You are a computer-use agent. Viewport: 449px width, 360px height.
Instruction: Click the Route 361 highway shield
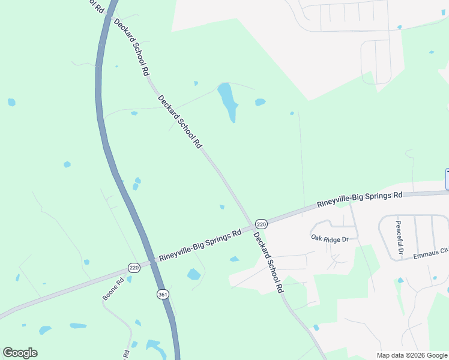pos(162,295)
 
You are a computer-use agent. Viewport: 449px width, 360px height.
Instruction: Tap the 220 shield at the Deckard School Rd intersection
pos(262,223)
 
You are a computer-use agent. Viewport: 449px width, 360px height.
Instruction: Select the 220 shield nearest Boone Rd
pos(133,268)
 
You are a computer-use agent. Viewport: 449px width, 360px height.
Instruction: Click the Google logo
pos(20,353)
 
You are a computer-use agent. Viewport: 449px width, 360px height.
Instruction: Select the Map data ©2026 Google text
pos(411,355)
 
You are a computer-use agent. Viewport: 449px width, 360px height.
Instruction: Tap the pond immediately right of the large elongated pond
pos(260,102)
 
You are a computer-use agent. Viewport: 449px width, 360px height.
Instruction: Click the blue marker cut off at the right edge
pos(447,179)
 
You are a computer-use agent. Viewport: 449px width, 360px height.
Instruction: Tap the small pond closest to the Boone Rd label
pos(129,279)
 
